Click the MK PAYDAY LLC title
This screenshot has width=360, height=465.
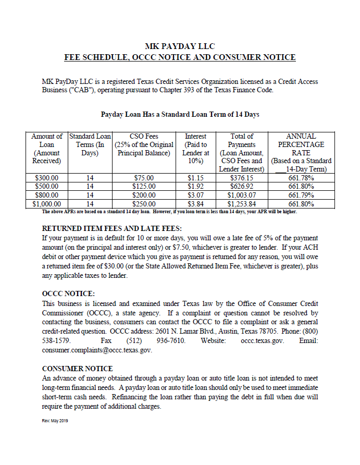pos(179,46)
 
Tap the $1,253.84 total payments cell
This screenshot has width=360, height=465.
pos(242,204)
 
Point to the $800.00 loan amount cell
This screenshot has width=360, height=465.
pos(47,195)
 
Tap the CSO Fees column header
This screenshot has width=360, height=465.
pos(144,144)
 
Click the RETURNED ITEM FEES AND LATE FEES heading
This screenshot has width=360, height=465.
pos(111,228)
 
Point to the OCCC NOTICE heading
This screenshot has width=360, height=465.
pos(68,293)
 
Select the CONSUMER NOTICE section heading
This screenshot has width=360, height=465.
pos(77,368)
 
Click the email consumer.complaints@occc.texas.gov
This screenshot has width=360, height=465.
pos(97,350)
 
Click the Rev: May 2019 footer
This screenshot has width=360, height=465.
pos(55,421)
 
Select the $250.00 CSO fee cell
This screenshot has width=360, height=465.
pos(144,204)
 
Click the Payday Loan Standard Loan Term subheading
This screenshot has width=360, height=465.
pos(180,114)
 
